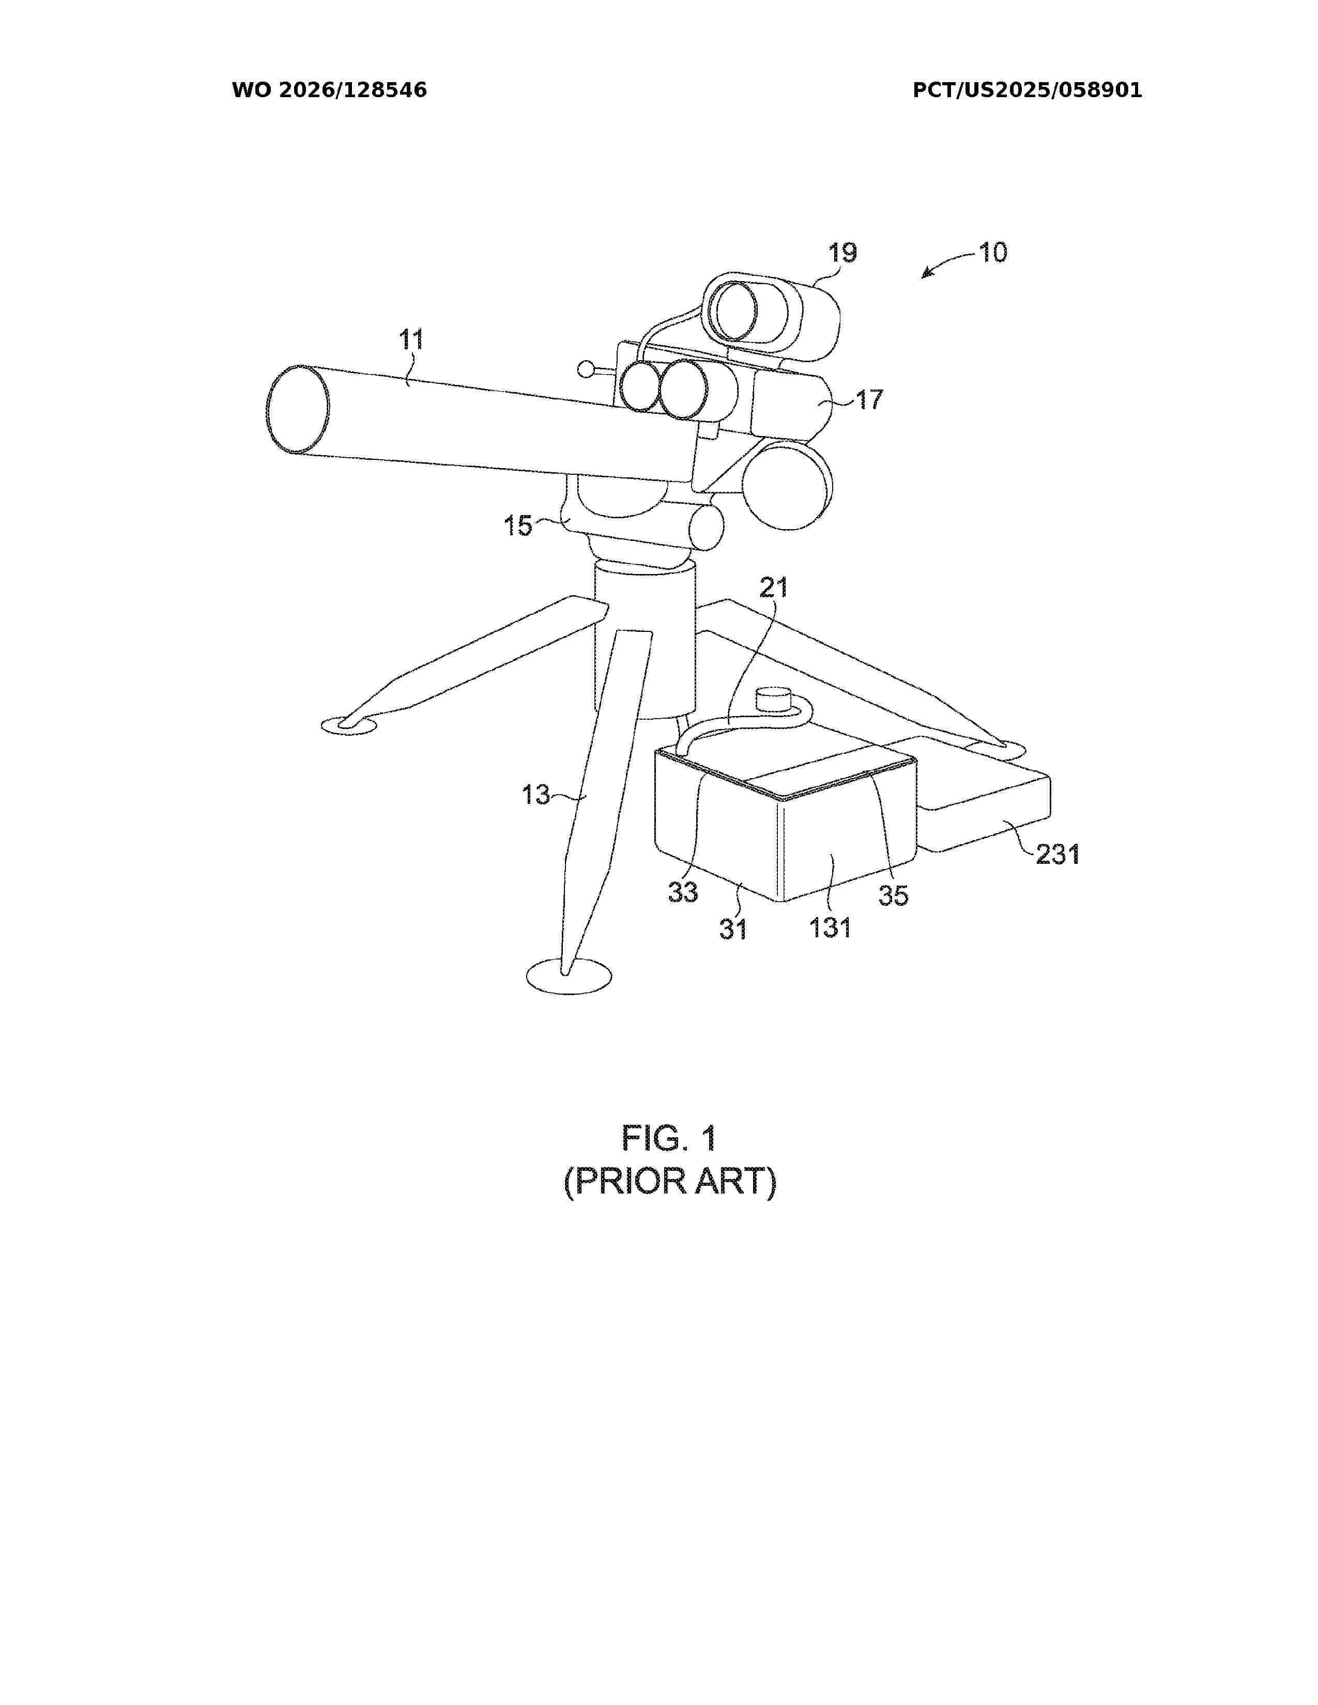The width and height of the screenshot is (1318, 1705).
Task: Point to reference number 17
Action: click(869, 400)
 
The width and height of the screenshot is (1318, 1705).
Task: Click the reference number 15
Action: click(518, 525)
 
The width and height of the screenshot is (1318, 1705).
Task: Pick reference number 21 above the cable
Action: click(774, 588)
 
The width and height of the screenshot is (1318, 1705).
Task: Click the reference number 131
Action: click(830, 927)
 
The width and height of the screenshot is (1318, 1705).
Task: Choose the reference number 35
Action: click(893, 895)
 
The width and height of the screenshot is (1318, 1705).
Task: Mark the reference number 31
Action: click(733, 929)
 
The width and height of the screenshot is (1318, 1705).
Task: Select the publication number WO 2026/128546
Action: click(330, 90)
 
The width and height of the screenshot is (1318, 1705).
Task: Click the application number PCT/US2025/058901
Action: click(1028, 90)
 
